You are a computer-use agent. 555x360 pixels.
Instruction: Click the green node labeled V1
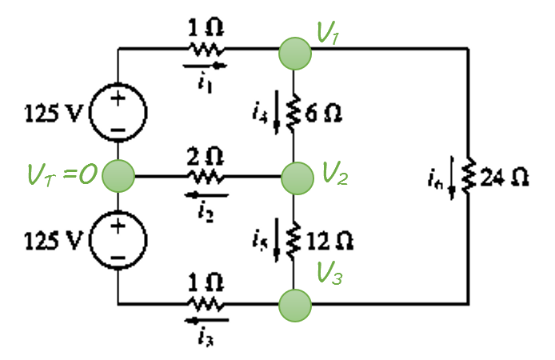(x=294, y=53)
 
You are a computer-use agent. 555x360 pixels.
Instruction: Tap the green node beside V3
(x=294, y=304)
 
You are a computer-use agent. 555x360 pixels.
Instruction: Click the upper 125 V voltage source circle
(x=118, y=113)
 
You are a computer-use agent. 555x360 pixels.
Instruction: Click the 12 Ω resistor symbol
(x=294, y=238)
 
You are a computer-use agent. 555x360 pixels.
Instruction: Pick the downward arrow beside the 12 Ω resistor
(x=277, y=243)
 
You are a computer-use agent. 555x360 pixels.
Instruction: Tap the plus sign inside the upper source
(x=118, y=100)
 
